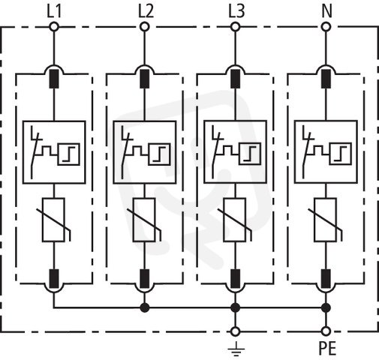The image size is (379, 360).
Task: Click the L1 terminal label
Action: coord(54,11)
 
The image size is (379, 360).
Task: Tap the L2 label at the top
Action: coord(146,11)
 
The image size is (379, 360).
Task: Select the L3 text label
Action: coord(236,11)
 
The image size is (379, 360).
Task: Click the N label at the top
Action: coord(326,11)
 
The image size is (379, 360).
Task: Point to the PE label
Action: coord(327,349)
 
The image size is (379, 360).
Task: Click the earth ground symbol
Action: coord(236,349)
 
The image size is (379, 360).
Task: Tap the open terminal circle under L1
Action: coord(54,27)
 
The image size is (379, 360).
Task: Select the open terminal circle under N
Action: coord(326,27)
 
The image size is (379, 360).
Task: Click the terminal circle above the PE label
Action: coord(326,331)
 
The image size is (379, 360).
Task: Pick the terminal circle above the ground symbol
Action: coord(235,331)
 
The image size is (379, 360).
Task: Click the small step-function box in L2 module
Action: coord(159,154)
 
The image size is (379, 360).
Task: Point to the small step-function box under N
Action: coord(341,154)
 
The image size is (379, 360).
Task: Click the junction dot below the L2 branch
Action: coord(145,307)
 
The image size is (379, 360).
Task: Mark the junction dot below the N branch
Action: coord(326,307)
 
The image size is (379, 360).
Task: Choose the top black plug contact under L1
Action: coord(54,79)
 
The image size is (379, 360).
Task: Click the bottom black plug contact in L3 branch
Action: coord(235,279)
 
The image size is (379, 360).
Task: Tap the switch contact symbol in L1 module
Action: coord(36,152)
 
